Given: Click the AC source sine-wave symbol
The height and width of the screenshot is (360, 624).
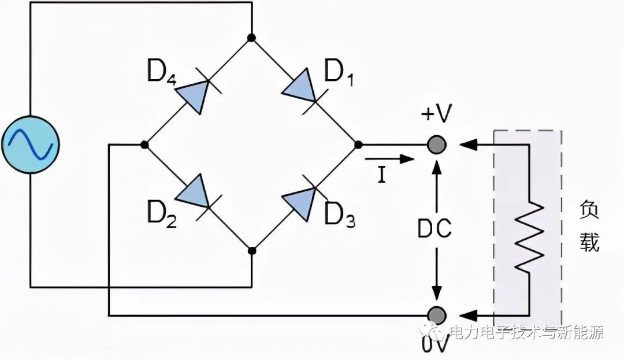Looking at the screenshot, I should pyautogui.click(x=29, y=144).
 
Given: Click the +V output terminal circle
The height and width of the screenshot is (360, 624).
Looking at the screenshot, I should pyautogui.click(x=437, y=144).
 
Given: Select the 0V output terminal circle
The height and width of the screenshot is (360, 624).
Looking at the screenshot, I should pyautogui.click(x=437, y=316).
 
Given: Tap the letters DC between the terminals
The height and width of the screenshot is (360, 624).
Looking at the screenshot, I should pyautogui.click(x=434, y=229).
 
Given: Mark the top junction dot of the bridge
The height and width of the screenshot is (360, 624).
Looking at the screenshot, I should pyautogui.click(x=251, y=38).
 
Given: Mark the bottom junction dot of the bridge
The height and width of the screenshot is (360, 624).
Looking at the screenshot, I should pyautogui.click(x=251, y=251).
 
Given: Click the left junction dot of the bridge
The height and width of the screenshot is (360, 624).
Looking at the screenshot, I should pyautogui.click(x=144, y=144).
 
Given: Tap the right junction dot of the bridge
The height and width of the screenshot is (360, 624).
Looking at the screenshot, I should pyautogui.click(x=358, y=144).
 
